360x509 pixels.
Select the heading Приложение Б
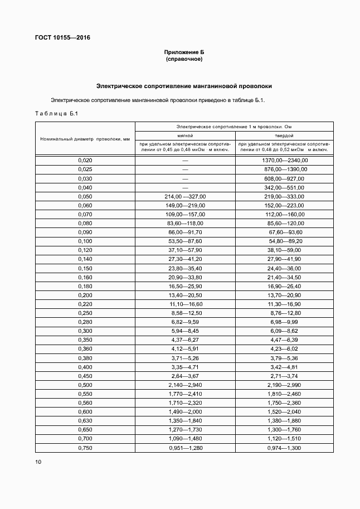184,52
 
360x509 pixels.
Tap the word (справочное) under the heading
184,59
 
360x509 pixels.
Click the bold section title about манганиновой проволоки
184,86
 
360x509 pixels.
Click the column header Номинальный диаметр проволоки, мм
85,139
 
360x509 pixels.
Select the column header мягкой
185,135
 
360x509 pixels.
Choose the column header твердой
284,135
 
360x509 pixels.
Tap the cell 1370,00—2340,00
284,161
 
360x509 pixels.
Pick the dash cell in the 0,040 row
185,187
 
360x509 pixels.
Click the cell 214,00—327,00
185,196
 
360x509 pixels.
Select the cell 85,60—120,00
284,223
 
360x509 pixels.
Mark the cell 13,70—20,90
284,295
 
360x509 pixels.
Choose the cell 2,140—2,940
185,385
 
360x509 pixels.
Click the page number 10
38,462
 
